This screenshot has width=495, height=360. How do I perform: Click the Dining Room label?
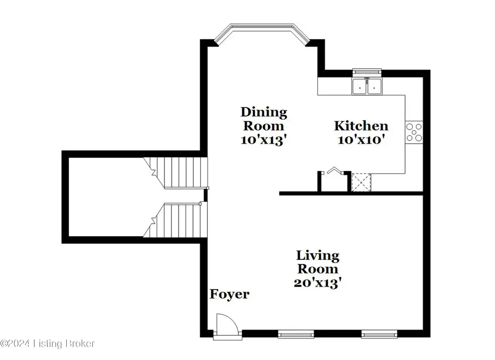pos(264,119)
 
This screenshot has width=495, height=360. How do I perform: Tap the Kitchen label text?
pos(361,126)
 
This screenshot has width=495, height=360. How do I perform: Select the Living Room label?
pos(318,262)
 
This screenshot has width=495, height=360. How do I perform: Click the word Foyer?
pos(230,294)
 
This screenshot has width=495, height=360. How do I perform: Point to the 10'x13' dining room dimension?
pos(264,140)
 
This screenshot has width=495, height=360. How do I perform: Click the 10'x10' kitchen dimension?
pos(361,139)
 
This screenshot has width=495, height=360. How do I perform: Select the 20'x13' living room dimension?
pos(318,283)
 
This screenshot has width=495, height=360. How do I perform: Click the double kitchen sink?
pos(367,86)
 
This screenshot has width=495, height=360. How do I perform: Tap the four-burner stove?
pos(414,133)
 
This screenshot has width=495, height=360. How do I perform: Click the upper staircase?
pos(175,173)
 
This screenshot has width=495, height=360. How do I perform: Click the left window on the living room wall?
pos(296,334)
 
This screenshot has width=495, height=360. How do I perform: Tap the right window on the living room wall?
pos(379,334)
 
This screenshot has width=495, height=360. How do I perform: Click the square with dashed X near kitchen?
pos(361,182)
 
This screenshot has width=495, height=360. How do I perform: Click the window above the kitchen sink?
pos(367,73)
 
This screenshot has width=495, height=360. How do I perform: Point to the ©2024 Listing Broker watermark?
pos(47,343)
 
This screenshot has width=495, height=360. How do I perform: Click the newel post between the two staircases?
pos(205,195)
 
